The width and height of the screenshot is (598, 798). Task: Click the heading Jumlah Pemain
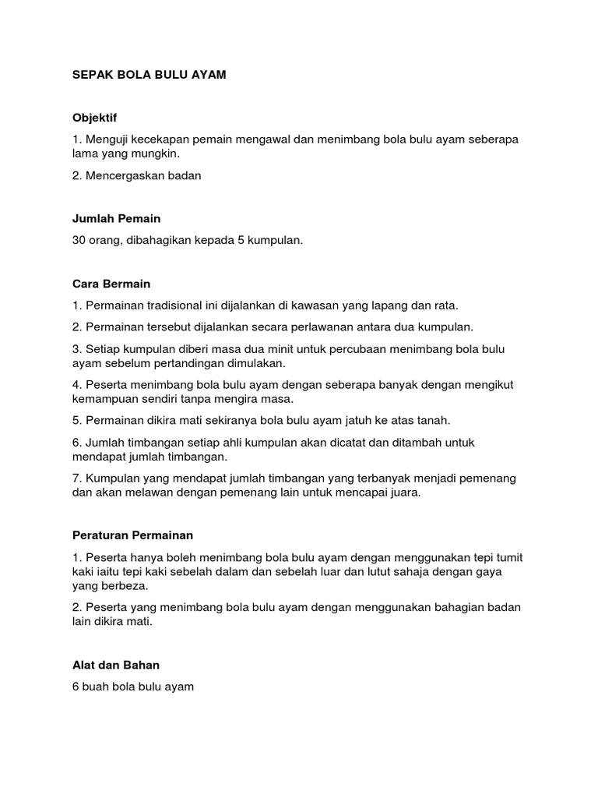click(116, 219)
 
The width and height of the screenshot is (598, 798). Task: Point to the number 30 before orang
click(79, 241)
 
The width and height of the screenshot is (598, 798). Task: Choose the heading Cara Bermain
click(111, 284)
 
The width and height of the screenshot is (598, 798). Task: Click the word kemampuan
click(106, 399)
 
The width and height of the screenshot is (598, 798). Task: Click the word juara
click(404, 493)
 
